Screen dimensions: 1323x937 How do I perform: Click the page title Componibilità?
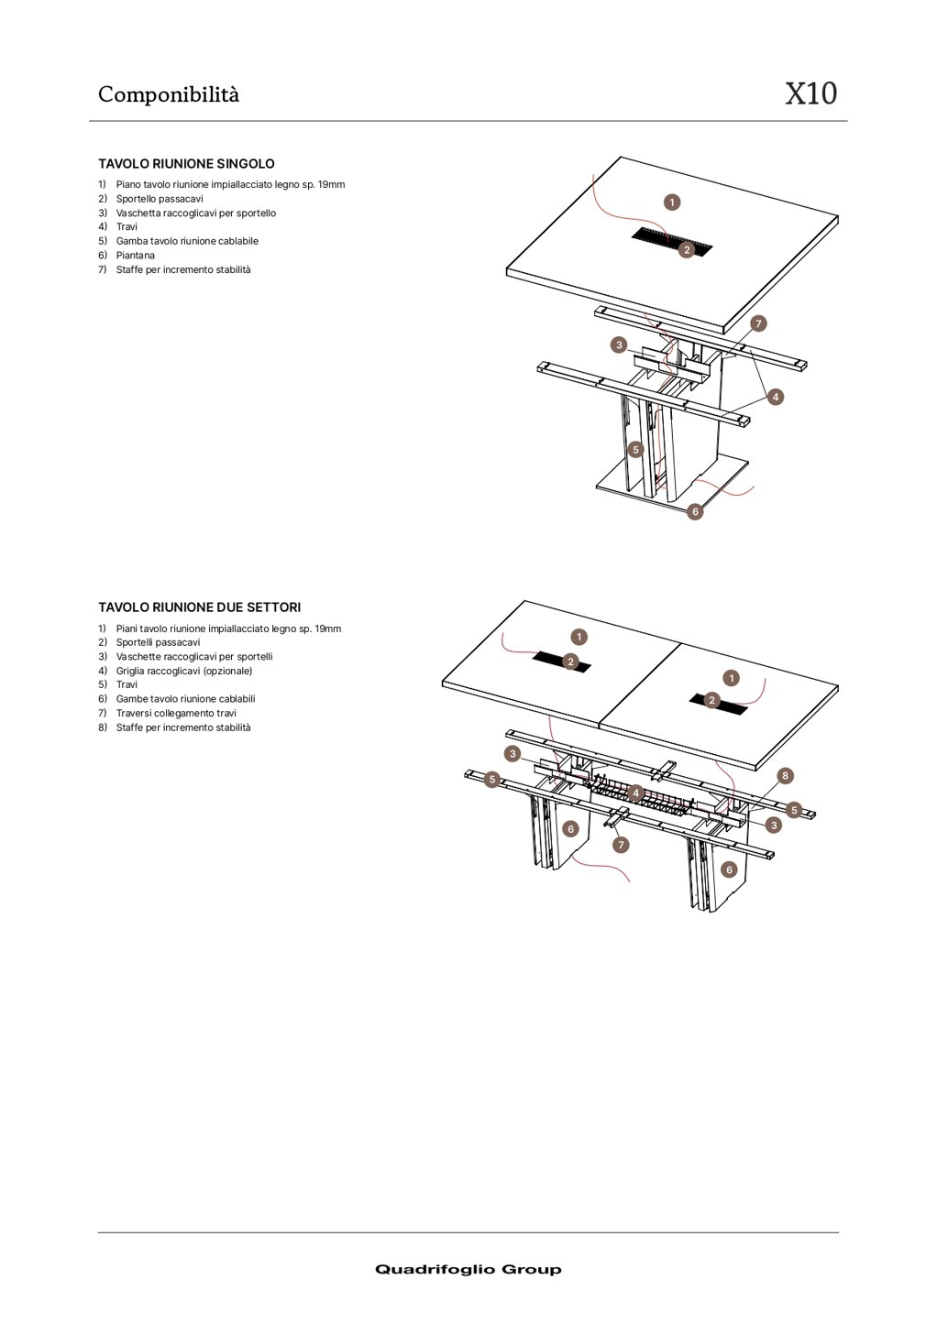(x=168, y=94)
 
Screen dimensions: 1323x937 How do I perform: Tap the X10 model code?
(x=810, y=93)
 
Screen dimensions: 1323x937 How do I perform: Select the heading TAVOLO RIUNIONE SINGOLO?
(x=186, y=164)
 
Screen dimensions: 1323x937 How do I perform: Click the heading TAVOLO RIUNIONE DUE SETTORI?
(x=199, y=607)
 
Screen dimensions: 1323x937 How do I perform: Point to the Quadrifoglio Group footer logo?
(x=468, y=1269)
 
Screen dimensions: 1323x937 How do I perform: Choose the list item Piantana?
(x=135, y=256)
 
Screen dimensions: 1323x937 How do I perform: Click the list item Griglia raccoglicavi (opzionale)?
(x=183, y=671)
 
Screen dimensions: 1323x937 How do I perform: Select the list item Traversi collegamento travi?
(x=175, y=713)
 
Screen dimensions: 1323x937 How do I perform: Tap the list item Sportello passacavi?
(x=159, y=199)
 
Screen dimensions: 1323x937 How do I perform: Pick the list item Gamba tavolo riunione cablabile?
(x=186, y=241)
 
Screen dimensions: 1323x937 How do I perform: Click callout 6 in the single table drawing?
(x=695, y=511)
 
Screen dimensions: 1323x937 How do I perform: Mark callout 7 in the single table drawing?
(x=758, y=323)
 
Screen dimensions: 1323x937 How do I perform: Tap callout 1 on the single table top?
(x=672, y=202)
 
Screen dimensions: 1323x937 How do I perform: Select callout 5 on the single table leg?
(x=635, y=450)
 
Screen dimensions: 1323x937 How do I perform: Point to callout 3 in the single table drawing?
(x=619, y=345)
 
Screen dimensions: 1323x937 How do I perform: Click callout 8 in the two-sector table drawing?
(x=785, y=776)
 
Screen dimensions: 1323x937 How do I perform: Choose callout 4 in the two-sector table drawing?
(x=635, y=793)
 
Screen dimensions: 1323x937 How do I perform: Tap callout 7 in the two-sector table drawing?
(x=621, y=845)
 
